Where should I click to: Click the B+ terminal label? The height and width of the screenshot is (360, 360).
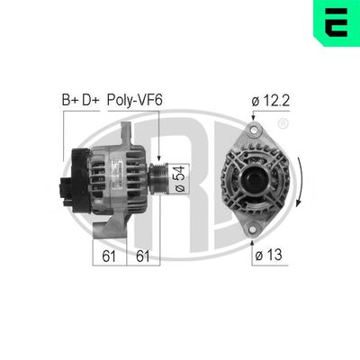(70, 99)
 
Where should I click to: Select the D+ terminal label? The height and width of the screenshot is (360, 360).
(91, 99)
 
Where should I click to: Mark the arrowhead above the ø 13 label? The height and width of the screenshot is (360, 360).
(254, 236)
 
